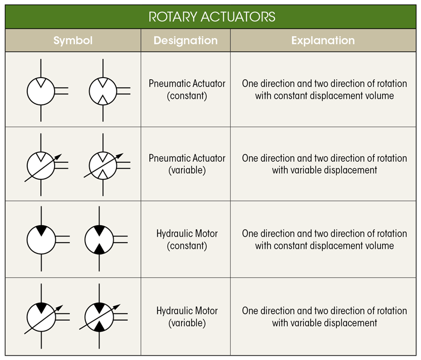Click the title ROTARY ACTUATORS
(x=212, y=16)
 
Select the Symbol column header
(x=73, y=40)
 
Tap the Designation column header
(x=185, y=40)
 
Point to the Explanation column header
(x=323, y=40)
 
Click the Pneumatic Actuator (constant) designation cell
(x=186, y=90)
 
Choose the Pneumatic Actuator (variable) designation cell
(x=186, y=164)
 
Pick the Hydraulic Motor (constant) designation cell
(x=186, y=239)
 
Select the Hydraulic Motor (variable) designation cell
(x=186, y=316)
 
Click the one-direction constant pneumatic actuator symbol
(x=42, y=91)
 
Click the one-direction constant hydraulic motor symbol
(x=42, y=239)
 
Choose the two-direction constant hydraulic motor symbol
(x=99, y=239)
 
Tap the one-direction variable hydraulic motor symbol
(x=42, y=317)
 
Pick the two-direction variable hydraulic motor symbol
(x=99, y=317)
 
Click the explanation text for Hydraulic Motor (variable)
(x=324, y=316)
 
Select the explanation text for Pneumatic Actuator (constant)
(x=324, y=90)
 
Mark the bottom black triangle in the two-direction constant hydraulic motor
(x=99, y=249)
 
